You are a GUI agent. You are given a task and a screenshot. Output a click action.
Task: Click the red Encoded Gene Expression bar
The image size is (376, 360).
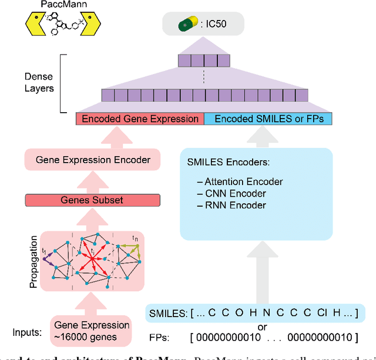click(140, 119)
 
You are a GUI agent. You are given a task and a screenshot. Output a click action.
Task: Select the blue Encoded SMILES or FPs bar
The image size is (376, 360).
click(268, 119)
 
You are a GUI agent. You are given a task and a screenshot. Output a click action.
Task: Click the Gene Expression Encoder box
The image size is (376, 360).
click(93, 160)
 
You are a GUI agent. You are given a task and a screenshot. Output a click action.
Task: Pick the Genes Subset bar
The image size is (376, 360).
click(92, 200)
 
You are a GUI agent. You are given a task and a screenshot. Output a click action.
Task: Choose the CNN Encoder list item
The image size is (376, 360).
click(232, 194)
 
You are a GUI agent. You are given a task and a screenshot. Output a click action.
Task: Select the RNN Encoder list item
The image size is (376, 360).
click(232, 206)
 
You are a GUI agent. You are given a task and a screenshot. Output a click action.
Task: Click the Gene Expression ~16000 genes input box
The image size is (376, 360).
click(92, 331)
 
